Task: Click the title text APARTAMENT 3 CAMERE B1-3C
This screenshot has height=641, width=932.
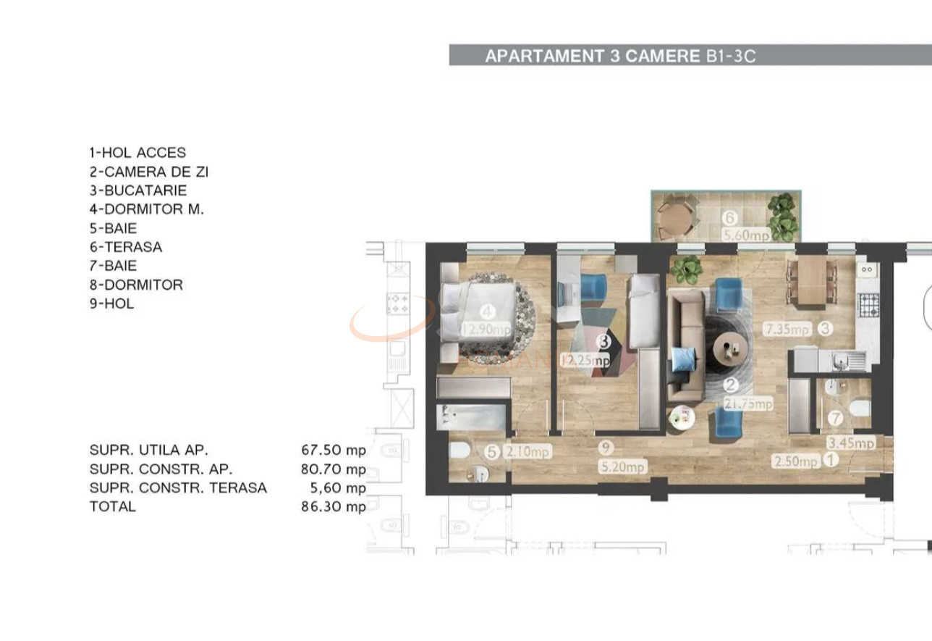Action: click(x=620, y=56)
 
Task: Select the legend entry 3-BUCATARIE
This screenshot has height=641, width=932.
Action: click(x=138, y=190)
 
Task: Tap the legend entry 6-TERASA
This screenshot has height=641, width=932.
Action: click(x=126, y=247)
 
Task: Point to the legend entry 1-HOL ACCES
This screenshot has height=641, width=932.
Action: click(x=137, y=153)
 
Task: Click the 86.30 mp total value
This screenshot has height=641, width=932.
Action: click(x=334, y=506)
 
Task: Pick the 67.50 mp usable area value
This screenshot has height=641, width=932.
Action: click(x=334, y=450)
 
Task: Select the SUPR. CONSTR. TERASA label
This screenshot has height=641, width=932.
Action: click(x=178, y=487)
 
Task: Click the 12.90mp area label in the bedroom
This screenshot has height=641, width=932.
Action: click(x=486, y=330)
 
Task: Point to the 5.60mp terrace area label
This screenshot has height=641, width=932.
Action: click(x=746, y=235)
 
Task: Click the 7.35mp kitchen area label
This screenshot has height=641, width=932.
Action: click(x=787, y=329)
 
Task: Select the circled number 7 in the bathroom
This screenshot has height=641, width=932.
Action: click(x=835, y=418)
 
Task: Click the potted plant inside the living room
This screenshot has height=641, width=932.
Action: click(x=685, y=269)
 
